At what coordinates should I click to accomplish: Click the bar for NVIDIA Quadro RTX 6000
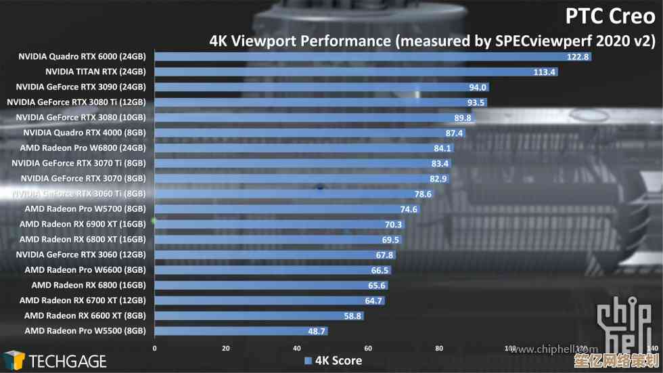click(372, 57)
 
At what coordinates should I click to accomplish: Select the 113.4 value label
click(545, 72)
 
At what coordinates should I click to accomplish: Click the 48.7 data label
click(317, 331)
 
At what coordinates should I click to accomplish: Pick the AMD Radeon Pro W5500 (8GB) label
click(85, 331)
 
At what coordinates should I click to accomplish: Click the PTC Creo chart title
click(610, 15)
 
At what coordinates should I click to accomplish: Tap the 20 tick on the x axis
click(226, 348)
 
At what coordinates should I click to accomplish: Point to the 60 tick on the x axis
click(368, 348)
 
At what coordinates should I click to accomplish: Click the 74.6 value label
click(408, 209)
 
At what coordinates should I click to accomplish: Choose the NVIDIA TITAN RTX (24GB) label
click(95, 71)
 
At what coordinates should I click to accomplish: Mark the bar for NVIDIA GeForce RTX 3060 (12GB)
click(275, 255)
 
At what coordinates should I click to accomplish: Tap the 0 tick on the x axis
click(155, 348)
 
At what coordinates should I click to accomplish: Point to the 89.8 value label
click(463, 118)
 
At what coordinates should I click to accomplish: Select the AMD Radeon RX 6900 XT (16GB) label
click(83, 224)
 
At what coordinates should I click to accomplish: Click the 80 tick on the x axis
click(439, 348)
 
